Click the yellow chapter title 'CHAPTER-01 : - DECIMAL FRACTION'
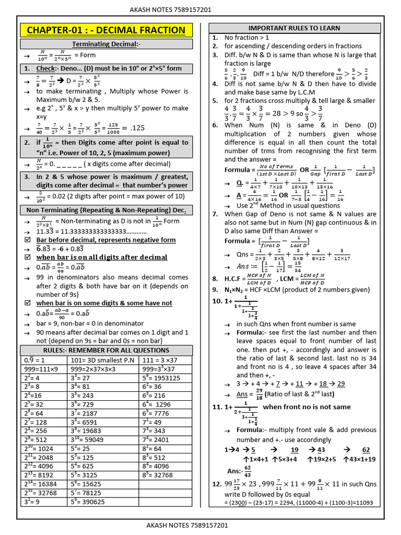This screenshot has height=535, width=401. [106, 30]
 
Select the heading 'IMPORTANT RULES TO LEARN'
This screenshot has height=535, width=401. [294, 28]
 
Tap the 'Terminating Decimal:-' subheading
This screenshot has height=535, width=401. [106, 44]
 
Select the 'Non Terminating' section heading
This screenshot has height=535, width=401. [106, 210]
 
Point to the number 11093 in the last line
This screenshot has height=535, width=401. [362, 502]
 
